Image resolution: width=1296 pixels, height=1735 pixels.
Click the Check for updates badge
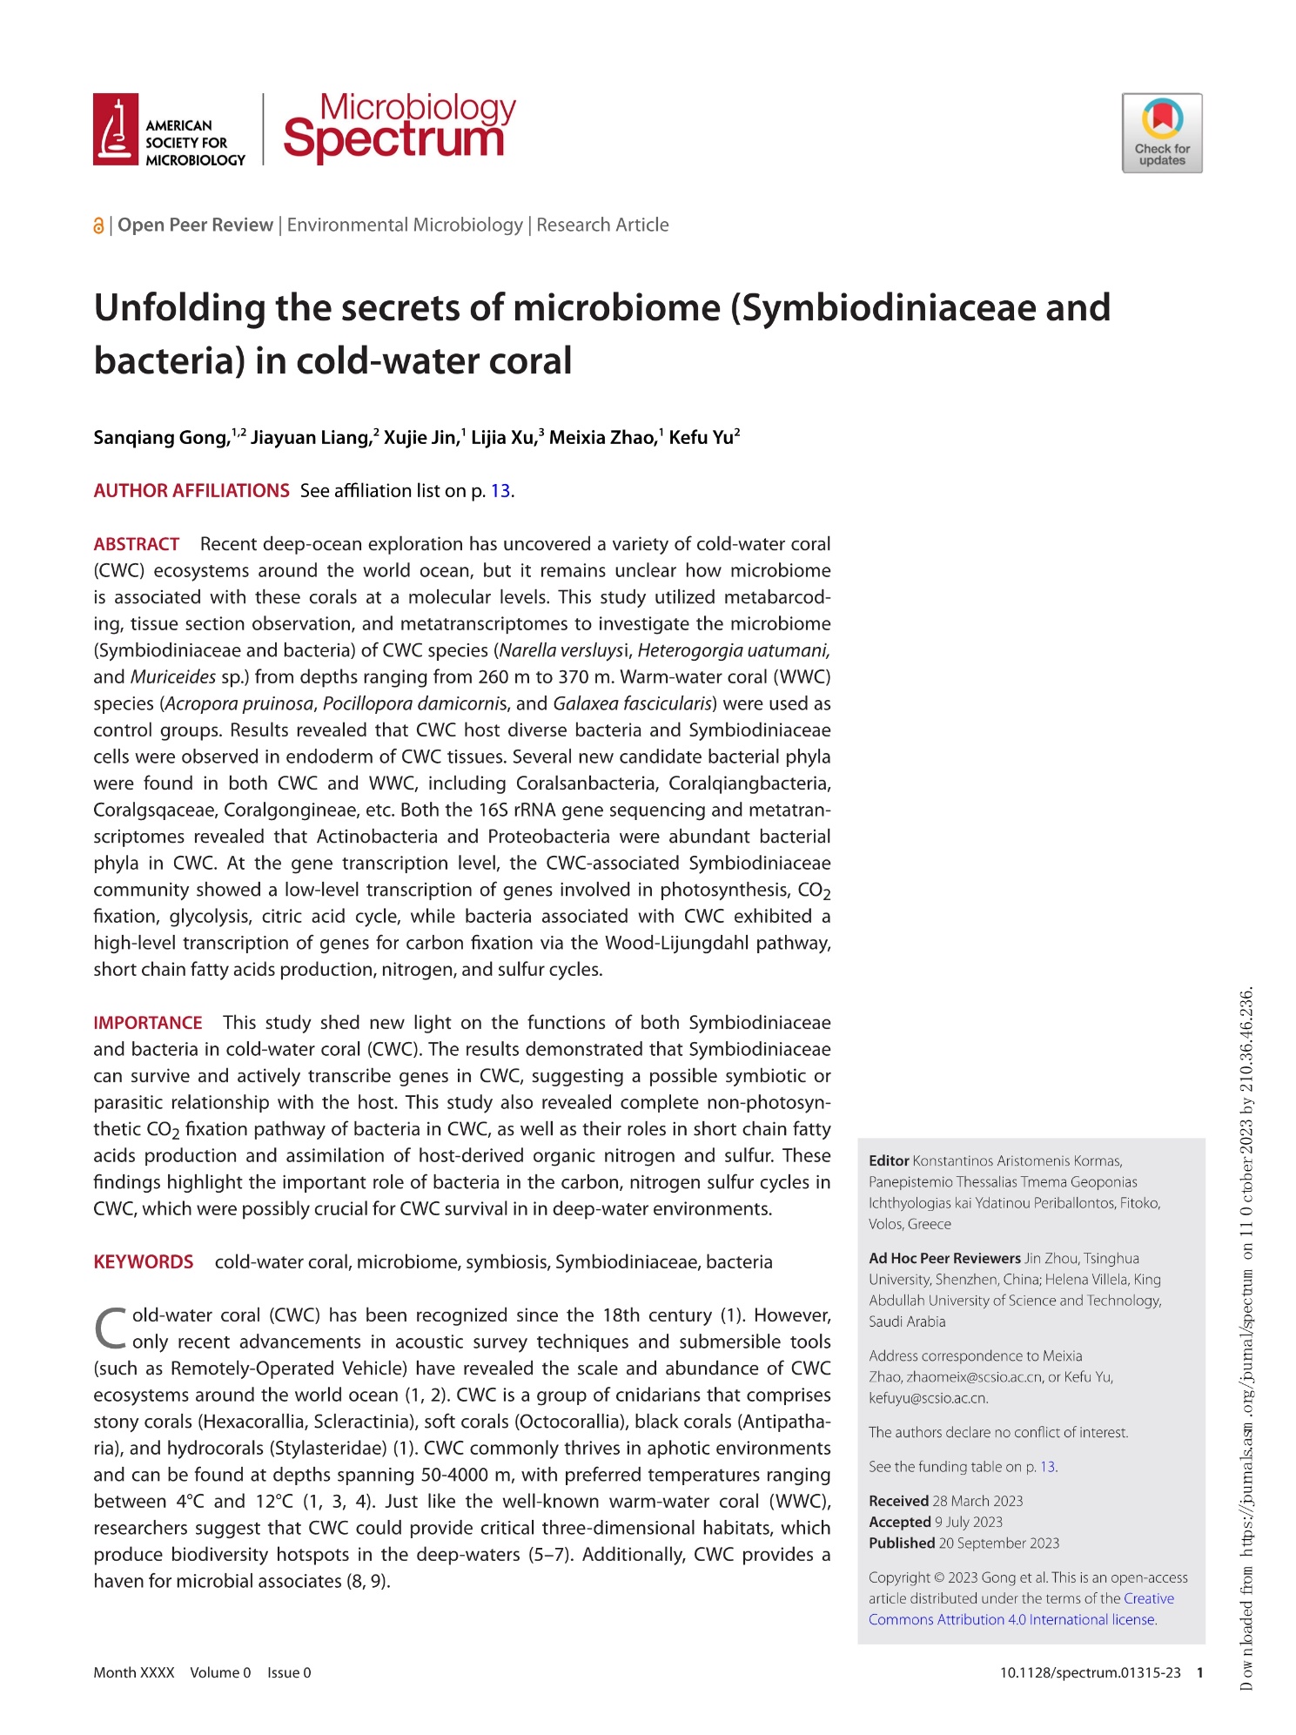(1161, 133)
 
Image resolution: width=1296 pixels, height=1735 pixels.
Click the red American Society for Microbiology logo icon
(115, 129)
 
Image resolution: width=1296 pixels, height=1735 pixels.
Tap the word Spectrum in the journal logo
(393, 139)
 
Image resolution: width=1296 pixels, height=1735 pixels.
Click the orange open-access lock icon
(98, 226)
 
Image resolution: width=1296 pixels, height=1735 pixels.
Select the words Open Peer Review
(195, 225)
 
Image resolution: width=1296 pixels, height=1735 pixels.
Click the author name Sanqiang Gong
(161, 437)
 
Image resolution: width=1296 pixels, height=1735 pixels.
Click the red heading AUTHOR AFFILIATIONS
(191, 491)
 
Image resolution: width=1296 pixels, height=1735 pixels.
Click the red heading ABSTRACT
(136, 544)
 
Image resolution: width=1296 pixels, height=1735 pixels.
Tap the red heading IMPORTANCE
(148, 1023)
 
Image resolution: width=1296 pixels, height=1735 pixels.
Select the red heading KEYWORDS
(144, 1262)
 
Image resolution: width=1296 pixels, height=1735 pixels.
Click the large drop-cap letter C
(111, 1328)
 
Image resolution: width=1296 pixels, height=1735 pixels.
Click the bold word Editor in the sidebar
(888, 1160)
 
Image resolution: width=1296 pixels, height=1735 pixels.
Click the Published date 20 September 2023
(998, 1543)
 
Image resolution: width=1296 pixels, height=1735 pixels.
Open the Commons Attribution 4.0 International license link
(1011, 1619)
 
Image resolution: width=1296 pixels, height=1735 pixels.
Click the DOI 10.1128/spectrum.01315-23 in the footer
(1090, 1672)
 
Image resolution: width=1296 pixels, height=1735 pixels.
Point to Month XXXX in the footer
(134, 1672)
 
